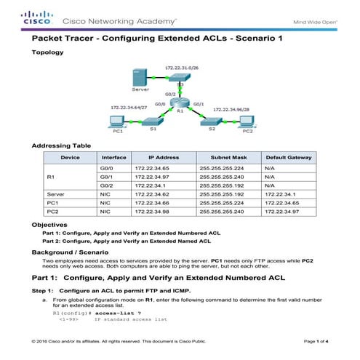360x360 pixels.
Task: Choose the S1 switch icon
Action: click(x=153, y=121)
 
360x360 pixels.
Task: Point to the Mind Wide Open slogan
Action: click(x=315, y=20)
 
